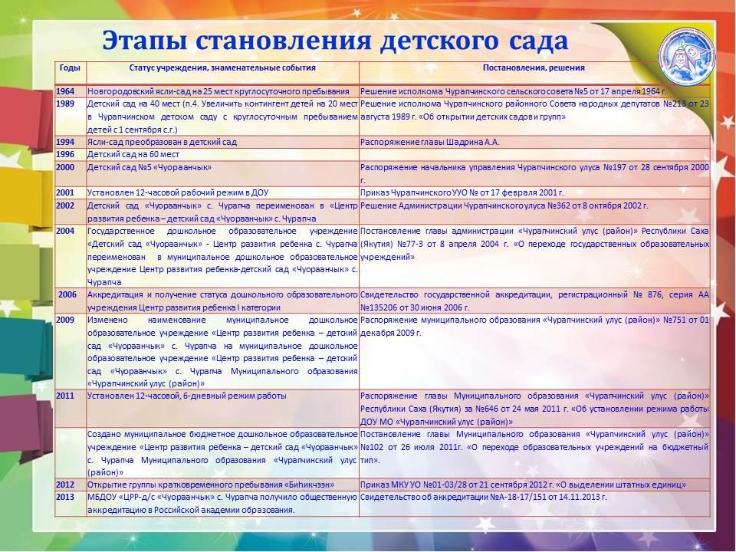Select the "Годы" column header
[x=68, y=67]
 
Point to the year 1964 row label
[x=66, y=91]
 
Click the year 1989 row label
[x=66, y=103]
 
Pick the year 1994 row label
[x=66, y=142]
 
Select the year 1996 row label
[x=66, y=154]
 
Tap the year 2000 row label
[x=66, y=166]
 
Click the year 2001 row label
[x=66, y=192]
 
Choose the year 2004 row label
[x=66, y=231]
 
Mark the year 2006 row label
[x=67, y=294]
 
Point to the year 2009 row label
[x=66, y=319]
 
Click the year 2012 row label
[x=66, y=485]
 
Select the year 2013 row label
[x=66, y=497]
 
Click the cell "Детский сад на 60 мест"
[x=127, y=154]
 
